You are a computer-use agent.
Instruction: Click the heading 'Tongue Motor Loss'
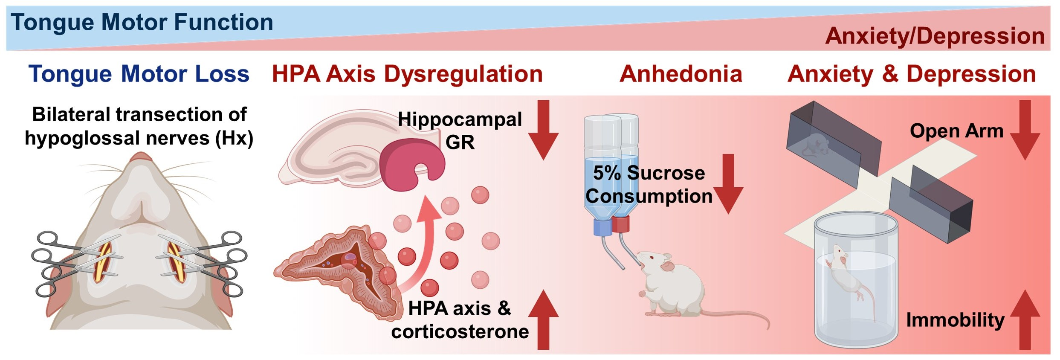pyautogui.click(x=139, y=74)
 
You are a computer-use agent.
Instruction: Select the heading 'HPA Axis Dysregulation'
pyautogui.click(x=407, y=74)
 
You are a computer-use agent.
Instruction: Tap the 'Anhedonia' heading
pyautogui.click(x=681, y=74)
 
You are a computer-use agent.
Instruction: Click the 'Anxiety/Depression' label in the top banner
pyautogui.click(x=935, y=36)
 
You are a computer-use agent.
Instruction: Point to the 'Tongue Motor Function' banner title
pyautogui.click(x=142, y=22)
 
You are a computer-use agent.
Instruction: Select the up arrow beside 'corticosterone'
pyautogui.click(x=543, y=320)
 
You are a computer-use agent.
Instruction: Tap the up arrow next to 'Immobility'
pyautogui.click(x=1025, y=320)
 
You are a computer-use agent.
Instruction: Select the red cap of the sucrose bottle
pyautogui.click(x=621, y=224)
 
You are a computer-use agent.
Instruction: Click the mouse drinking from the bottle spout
pyautogui.click(x=674, y=290)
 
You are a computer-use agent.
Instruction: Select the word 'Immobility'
pyautogui.click(x=955, y=320)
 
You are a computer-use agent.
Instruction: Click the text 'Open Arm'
pyautogui.click(x=956, y=131)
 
